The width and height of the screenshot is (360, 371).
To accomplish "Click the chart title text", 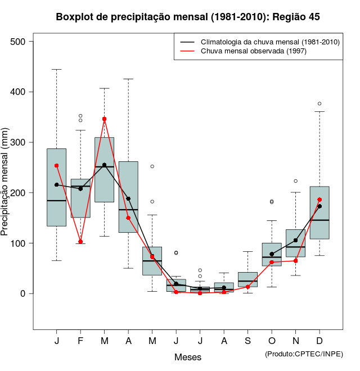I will pos(188,17).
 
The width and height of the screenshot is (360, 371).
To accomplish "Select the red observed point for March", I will pos(105,119).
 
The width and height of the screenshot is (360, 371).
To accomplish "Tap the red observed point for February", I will pos(80,242).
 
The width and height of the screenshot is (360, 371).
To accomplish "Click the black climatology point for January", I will pos(57,184).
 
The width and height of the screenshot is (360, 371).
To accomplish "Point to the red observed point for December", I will pos(319,200).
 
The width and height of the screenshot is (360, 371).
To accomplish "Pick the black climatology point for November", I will pos(295,240).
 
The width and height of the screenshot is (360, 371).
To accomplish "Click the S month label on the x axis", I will pos(248,341).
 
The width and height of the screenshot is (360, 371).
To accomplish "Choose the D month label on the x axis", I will pos(319,341).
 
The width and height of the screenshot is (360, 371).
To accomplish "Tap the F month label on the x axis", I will pos(80,341).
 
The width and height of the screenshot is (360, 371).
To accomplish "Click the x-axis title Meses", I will pos(188,357).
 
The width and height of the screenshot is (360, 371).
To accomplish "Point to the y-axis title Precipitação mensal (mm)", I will pos(6,182).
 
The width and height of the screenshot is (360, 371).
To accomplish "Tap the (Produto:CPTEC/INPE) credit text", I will pos(304,354).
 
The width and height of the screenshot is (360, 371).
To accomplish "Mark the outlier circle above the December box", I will pos(319,103).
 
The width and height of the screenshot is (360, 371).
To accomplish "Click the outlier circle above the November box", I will pos(295,181).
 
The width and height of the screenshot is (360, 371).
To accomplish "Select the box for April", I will pos(128,197).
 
